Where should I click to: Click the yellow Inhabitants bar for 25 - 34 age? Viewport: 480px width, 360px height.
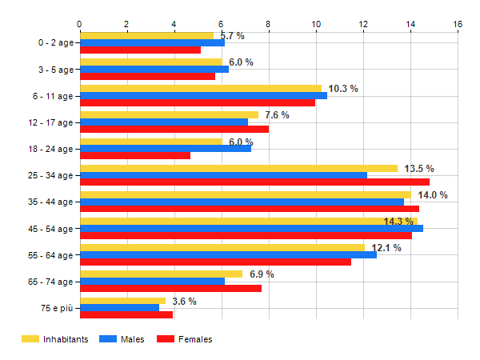coord(238,168)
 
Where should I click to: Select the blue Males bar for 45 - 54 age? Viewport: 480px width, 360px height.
coord(251,229)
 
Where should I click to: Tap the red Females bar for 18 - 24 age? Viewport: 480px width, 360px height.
coord(135,155)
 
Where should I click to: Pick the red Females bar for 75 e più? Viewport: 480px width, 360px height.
coord(126,314)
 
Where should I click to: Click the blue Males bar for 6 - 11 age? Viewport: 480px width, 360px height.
coord(203,96)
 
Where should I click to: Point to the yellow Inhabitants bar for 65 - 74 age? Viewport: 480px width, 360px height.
coord(161,274)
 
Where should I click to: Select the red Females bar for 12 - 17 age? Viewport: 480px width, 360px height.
coord(174,129)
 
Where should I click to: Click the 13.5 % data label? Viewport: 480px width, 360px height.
coord(419,169)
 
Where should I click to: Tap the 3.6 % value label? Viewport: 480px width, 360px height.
coord(184,302)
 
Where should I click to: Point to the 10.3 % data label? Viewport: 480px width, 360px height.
coord(343,89)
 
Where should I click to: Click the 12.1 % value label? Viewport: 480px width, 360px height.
coord(386,248)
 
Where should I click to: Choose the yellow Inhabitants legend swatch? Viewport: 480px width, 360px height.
coord(30,339)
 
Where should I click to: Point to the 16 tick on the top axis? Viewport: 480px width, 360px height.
coord(458,24)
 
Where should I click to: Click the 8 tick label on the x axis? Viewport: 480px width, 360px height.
coord(269,24)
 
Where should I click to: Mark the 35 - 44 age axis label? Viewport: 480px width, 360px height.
coord(50,202)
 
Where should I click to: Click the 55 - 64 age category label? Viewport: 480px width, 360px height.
coord(50,255)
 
